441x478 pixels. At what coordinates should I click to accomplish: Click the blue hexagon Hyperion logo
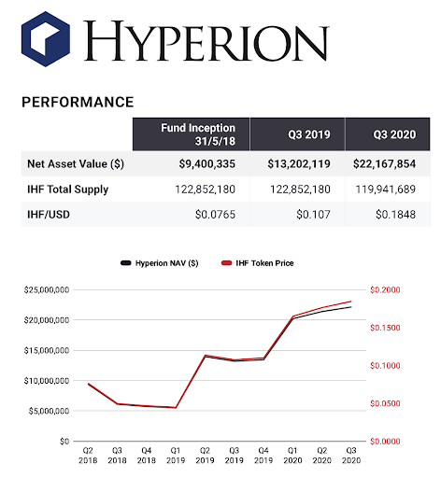46,39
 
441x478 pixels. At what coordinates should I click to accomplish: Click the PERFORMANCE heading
78,102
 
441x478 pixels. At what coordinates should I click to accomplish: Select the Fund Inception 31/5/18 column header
198,134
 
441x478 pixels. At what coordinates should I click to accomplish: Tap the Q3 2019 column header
309,134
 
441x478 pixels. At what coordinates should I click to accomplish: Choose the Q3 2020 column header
394,134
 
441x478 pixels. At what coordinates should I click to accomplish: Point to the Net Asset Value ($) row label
76,163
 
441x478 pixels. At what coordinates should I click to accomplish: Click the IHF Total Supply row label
68,190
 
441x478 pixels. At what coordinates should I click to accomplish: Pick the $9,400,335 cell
207,164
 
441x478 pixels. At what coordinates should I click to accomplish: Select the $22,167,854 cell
385,164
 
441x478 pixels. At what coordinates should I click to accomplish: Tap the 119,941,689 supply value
386,190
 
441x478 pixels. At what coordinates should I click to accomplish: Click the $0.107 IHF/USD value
313,215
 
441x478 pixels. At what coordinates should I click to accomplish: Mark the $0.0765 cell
215,215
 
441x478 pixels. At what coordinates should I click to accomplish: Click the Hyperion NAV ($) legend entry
160,263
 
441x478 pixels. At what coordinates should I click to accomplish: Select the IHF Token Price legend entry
257,263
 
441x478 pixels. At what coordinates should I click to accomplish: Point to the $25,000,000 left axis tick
47,290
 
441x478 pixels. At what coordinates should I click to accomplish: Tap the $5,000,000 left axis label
49,411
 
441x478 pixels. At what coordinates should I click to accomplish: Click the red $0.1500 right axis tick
385,328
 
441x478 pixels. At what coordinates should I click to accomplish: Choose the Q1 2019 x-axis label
176,456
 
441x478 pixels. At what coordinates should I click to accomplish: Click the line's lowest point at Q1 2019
176,407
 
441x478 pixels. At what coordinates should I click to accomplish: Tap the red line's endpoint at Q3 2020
351,302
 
